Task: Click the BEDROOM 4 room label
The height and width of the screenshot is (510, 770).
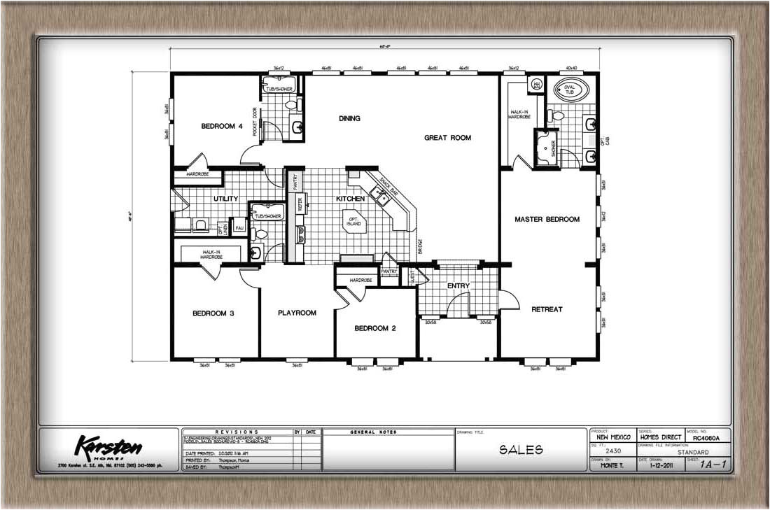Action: point(222,126)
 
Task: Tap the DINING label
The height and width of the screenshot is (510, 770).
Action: point(349,118)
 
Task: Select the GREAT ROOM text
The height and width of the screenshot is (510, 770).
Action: point(447,138)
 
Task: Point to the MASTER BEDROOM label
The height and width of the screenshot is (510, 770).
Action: point(547,219)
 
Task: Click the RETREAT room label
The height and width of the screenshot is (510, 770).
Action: point(546,309)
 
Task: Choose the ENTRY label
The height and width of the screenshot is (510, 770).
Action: point(458,285)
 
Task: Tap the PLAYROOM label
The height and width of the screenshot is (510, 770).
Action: point(297,313)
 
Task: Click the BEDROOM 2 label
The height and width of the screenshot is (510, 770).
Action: point(375,328)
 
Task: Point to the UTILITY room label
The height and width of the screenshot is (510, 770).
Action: point(225,199)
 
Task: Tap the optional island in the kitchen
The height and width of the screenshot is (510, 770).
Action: point(353,220)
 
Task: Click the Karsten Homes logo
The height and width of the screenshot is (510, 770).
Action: point(109,446)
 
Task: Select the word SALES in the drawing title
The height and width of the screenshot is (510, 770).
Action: point(520,450)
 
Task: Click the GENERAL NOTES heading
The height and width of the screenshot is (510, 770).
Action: point(375,432)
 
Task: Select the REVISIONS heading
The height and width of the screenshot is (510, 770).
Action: point(237,432)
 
